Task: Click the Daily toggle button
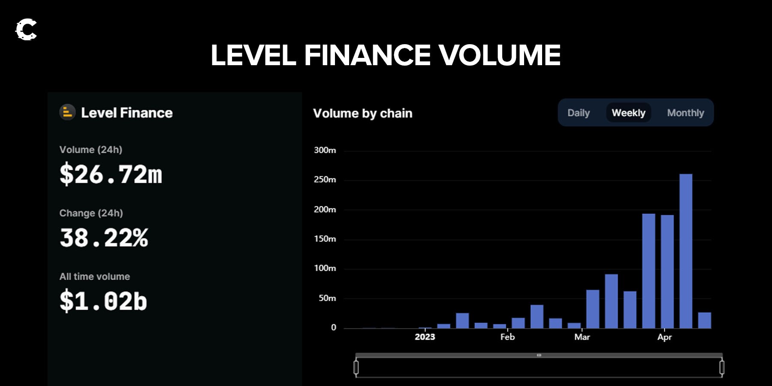[579, 113]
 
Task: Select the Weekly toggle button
[628, 113]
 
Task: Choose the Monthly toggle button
[685, 113]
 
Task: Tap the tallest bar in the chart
[686, 251]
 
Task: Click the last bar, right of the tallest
[705, 320]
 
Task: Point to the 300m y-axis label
[325, 150]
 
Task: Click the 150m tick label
[325, 239]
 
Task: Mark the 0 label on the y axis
[334, 328]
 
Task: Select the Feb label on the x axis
[507, 337]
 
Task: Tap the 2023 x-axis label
[425, 337]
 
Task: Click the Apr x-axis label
[664, 337]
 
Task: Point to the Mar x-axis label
[582, 337]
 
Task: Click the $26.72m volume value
[111, 174]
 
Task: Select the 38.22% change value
[104, 238]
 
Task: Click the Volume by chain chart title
[362, 113]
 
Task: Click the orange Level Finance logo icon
[67, 112]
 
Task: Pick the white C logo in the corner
[26, 30]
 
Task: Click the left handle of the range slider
[356, 368]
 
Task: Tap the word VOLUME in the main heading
[499, 55]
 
